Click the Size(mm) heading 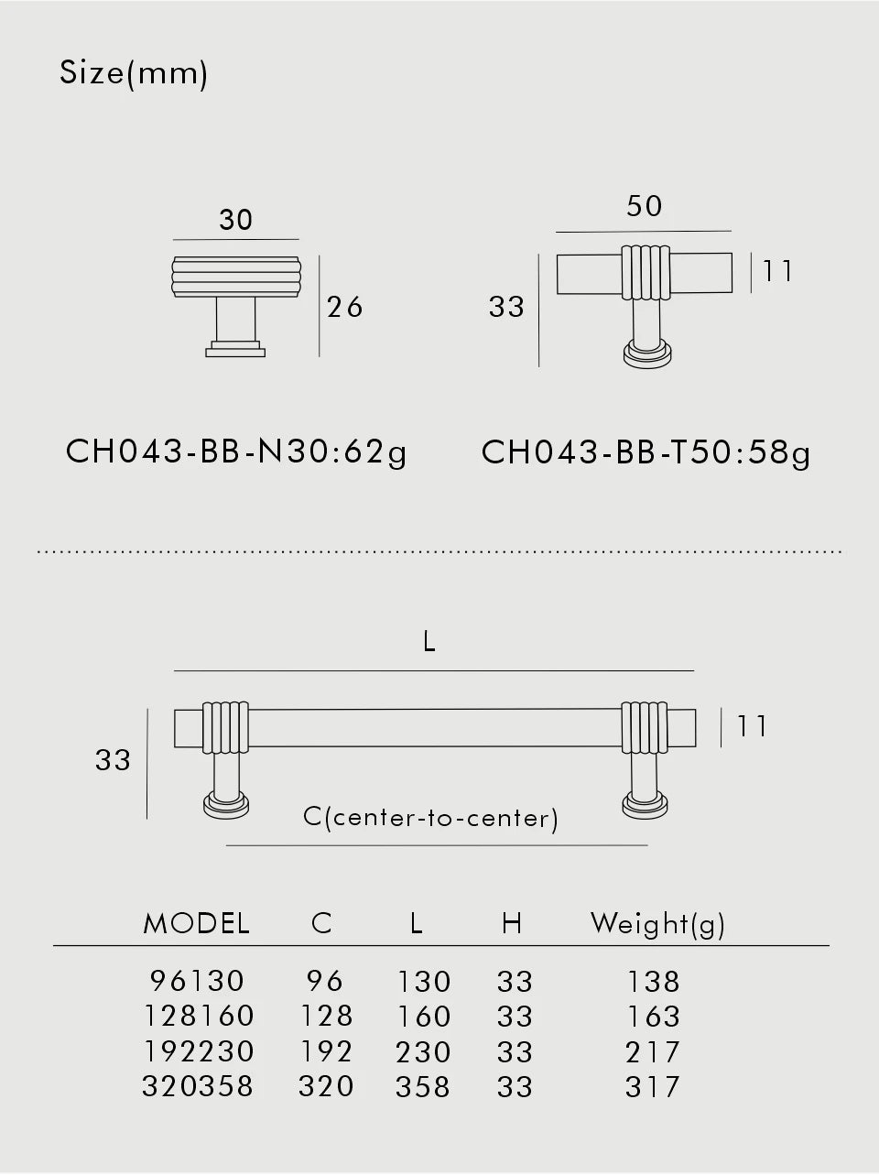(133, 74)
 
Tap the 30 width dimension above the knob (235, 220)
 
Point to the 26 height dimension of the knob (344, 308)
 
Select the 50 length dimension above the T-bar (644, 206)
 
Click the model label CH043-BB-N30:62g (236, 452)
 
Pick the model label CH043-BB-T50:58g (646, 452)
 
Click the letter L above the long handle (429, 641)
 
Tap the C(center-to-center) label (430, 818)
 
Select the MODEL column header (196, 923)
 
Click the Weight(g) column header (657, 924)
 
